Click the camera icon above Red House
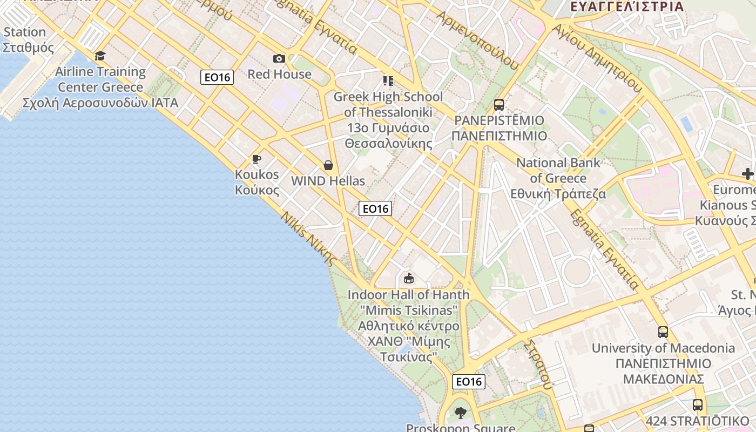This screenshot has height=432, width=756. pyautogui.click(x=279, y=58)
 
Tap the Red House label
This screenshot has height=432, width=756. pyautogui.click(x=279, y=74)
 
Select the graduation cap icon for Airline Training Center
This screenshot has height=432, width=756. pyautogui.click(x=100, y=56)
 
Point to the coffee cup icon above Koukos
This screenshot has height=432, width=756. pyautogui.click(x=256, y=159)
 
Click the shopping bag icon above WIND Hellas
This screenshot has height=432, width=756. pyautogui.click(x=328, y=165)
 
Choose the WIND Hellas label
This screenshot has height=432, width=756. pyautogui.click(x=328, y=181)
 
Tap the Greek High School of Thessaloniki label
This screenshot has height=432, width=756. pyautogui.click(x=388, y=120)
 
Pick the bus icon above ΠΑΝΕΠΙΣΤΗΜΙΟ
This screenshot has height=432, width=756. pyautogui.click(x=499, y=105)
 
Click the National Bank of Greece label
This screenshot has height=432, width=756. pyautogui.click(x=558, y=178)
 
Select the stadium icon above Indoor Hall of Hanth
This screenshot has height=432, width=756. pyautogui.click(x=409, y=279)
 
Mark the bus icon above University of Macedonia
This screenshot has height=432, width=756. pyautogui.click(x=663, y=332)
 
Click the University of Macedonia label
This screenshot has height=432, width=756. pyautogui.click(x=663, y=363)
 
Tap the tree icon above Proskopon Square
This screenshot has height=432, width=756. pyautogui.click(x=461, y=414)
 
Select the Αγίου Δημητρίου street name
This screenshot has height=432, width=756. pyautogui.click(x=597, y=59)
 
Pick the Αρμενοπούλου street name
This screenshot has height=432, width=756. pyautogui.click(x=478, y=40)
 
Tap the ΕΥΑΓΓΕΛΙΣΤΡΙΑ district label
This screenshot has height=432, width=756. pyautogui.click(x=627, y=6)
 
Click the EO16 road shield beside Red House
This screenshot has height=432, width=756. pyautogui.click(x=218, y=77)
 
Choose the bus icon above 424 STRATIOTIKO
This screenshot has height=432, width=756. pyautogui.click(x=698, y=404)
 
